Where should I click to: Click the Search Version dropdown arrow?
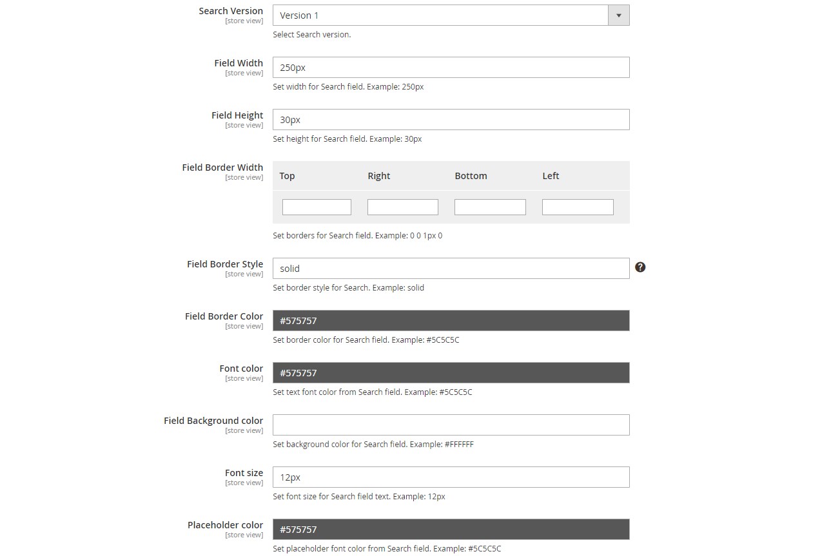619,15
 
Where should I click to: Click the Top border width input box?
317,207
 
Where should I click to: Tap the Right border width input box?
402,207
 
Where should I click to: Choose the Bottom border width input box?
490,207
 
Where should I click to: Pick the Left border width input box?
578,207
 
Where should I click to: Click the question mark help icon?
640,267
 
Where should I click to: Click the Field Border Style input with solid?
451,269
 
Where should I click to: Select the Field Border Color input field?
451,321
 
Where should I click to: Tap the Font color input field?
451,373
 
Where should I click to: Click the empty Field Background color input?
451,425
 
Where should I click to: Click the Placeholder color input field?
451,530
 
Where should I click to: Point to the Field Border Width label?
222,168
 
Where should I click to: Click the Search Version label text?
231,11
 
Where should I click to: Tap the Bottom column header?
471,176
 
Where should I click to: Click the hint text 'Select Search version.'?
311,35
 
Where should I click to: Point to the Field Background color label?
213,421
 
